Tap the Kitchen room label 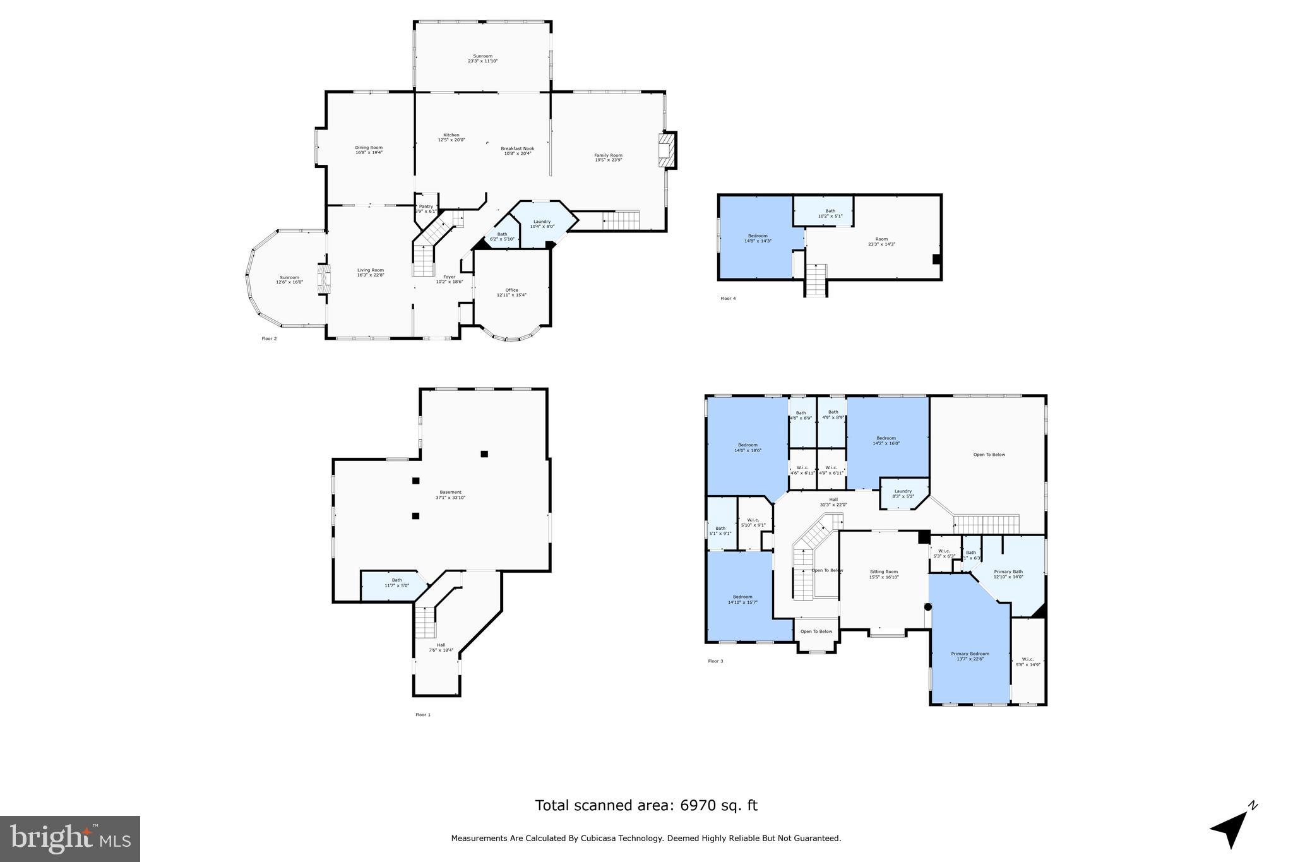451,135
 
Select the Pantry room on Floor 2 426,208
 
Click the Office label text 511,290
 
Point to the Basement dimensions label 450,498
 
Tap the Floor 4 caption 728,299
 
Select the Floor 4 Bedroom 757,238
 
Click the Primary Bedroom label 970,654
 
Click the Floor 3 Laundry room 903,493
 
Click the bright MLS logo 70,839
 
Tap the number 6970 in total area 696,806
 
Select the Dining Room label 369,148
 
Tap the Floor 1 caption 422,715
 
